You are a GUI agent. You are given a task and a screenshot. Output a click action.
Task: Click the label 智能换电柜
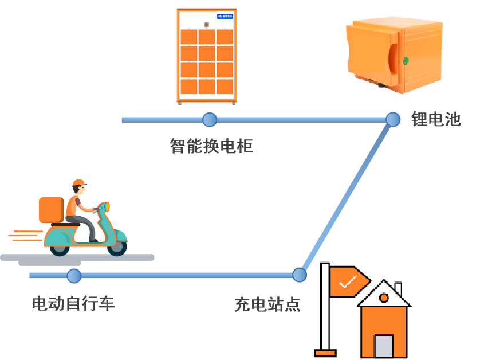click(211, 146)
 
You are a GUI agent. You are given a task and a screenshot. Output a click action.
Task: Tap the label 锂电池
click(436, 119)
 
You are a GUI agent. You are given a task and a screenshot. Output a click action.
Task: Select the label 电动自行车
click(73, 303)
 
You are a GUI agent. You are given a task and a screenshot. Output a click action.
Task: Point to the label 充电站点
click(267, 304)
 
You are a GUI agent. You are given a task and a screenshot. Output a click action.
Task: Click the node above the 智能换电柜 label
click(210, 120)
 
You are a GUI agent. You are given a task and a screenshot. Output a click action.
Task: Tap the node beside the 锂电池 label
click(393, 119)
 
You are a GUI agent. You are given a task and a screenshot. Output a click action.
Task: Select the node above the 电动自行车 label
click(74, 276)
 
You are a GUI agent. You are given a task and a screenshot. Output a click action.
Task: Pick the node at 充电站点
click(300, 275)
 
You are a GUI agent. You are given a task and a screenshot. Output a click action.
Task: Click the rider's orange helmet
click(78, 183)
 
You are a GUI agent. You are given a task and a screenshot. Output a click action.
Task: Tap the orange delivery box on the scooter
click(51, 210)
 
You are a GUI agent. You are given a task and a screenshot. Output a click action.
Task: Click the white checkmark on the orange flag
click(347, 281)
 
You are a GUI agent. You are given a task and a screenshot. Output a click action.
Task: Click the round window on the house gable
click(384, 298)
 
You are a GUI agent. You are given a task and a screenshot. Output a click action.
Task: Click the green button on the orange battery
click(406, 61)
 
